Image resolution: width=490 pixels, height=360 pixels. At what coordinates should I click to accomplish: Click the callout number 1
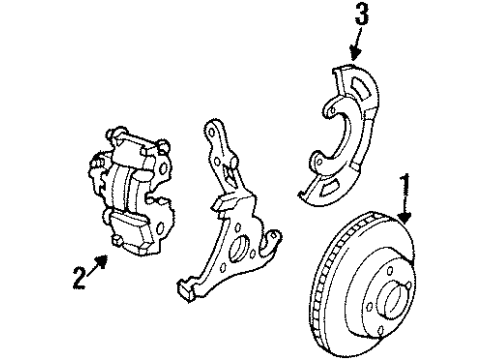pos(406,183)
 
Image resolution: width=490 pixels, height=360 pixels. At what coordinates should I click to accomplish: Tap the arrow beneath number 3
pos(355,45)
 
